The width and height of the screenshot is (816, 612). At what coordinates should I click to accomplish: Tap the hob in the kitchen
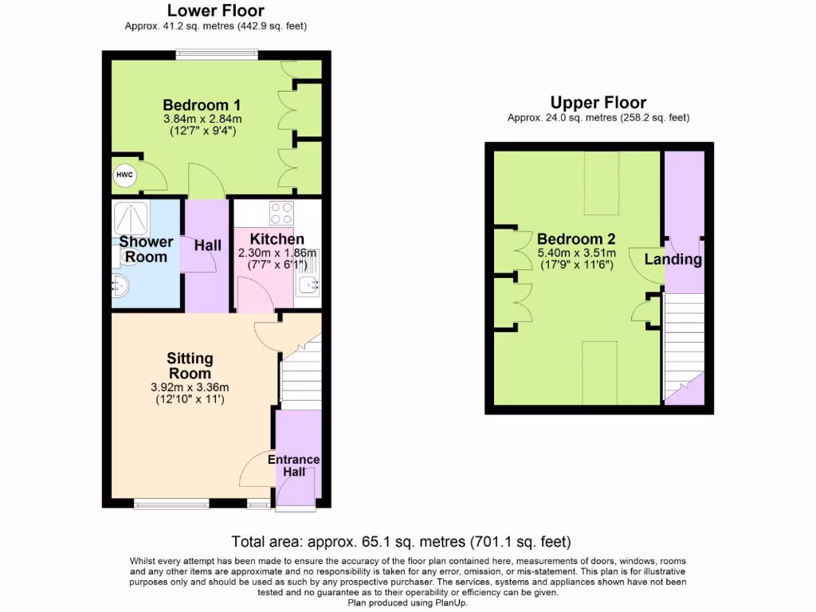pyautogui.click(x=280, y=214)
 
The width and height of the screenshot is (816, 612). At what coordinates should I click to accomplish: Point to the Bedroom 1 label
pyautogui.click(x=202, y=105)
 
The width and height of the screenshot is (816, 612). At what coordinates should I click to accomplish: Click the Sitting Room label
pyautogui.click(x=190, y=366)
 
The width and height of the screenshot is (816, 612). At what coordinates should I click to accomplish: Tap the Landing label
pyautogui.click(x=673, y=259)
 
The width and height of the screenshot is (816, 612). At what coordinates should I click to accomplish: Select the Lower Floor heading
pyautogui.click(x=215, y=11)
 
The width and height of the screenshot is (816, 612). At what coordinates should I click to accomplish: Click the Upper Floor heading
pyautogui.click(x=598, y=103)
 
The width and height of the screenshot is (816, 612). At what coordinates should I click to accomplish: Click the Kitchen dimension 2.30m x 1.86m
pyautogui.click(x=277, y=253)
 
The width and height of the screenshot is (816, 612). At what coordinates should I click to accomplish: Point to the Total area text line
pyautogui.click(x=401, y=542)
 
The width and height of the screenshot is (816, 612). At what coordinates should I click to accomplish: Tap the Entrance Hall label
pyautogui.click(x=293, y=465)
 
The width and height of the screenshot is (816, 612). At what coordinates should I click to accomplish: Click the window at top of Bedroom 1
pyautogui.click(x=216, y=55)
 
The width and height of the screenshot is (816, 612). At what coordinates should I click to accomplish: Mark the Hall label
pyautogui.click(x=207, y=245)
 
